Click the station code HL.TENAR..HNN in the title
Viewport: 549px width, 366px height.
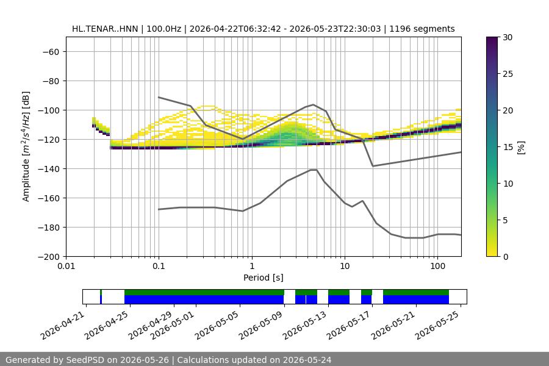pos(105,29)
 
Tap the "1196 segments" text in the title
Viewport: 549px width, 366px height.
pos(422,29)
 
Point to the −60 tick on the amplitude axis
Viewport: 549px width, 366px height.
pos(51,52)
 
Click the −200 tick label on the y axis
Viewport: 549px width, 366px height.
pos(49,257)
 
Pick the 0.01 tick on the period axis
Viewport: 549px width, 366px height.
pos(66,266)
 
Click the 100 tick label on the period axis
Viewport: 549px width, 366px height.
pos(437,266)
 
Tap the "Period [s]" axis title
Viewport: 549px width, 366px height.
pos(264,278)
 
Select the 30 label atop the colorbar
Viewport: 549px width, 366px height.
pos(508,37)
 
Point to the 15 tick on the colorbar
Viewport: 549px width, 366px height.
pos(508,147)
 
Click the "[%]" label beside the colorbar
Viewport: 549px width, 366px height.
pos(522,147)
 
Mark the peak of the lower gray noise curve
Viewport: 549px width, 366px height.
pos(314,170)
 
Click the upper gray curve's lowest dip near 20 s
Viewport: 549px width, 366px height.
pos(373,166)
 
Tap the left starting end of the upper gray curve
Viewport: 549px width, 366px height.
pos(159,97)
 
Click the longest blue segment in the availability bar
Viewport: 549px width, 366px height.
pos(204,300)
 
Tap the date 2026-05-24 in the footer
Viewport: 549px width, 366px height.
pos(307,360)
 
